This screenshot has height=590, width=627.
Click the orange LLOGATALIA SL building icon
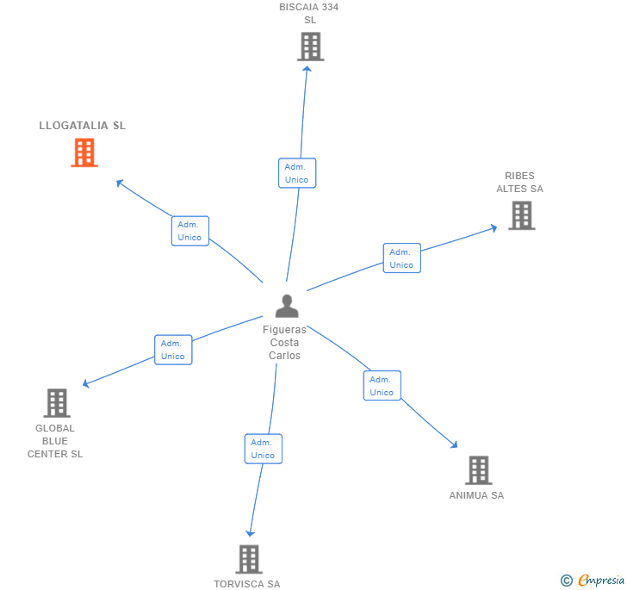pos(84,152)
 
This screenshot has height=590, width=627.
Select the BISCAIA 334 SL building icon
pos(310,47)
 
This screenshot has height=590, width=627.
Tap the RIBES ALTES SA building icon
pos(521,215)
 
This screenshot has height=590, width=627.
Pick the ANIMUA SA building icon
pos(478,470)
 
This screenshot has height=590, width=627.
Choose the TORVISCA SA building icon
pos(248,559)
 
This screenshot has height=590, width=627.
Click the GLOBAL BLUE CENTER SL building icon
pos(56,402)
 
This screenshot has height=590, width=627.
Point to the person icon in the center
pos(287,306)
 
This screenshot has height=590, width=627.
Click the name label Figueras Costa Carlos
pos(284,343)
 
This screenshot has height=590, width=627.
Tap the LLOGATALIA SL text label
pos(83,126)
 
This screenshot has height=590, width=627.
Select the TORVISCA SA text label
pos(247,584)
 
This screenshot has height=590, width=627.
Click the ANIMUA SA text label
pos(476,495)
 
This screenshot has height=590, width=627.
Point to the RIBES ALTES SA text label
pos(519,183)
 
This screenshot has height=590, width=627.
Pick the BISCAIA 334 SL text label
pos(309,13)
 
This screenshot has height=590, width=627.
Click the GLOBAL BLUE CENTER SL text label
pos(55,441)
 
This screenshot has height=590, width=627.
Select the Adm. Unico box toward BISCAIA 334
pos(297,173)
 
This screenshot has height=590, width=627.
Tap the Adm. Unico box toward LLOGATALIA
pos(189,231)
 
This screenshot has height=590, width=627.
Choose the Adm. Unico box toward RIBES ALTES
pos(401,258)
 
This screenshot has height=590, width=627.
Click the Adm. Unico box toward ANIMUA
pos(382,386)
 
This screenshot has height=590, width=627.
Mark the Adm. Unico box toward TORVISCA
pos(263,449)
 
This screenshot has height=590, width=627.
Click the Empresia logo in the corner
pos(593,581)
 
